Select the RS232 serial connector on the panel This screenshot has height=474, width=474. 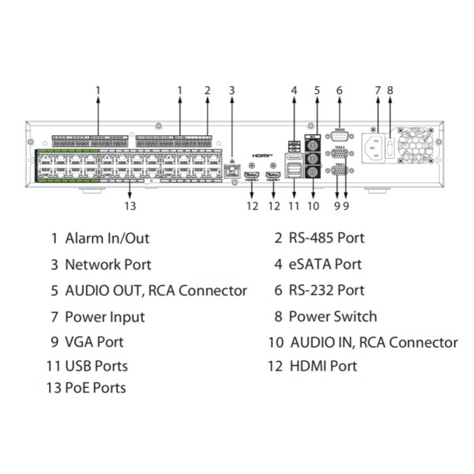[339, 135]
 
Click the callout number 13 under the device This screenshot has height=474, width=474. [130, 206]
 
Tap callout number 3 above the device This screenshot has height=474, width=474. [231, 90]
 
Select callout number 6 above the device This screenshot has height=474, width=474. [339, 90]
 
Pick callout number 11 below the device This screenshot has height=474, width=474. [295, 206]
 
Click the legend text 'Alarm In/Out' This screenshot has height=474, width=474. [107, 238]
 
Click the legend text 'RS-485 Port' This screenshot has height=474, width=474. [326, 238]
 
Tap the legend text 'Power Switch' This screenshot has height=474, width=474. [333, 317]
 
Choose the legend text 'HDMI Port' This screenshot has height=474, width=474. [322, 366]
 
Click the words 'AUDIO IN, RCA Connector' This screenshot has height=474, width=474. [374, 342]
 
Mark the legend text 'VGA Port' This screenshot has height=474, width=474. [94, 342]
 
